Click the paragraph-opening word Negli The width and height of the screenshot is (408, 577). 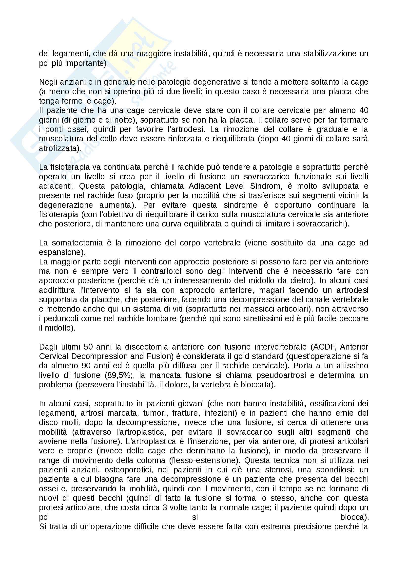coord(48,82)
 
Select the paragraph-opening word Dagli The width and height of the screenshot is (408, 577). coord(48,347)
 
